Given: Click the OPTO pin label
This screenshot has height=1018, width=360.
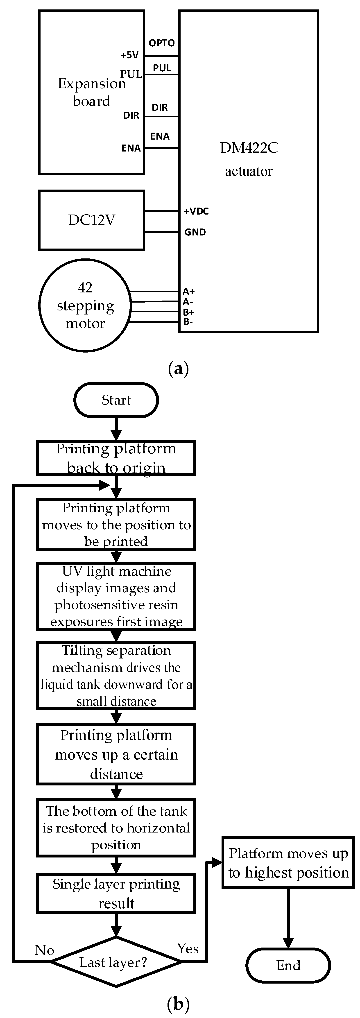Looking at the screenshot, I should point(162,43).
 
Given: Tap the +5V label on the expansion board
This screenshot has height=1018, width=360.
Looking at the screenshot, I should point(130,55).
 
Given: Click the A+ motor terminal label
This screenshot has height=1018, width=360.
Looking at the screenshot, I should point(188,291).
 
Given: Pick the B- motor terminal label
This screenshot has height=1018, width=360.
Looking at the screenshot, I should point(188,322).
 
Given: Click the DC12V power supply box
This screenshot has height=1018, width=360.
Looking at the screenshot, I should point(92,220).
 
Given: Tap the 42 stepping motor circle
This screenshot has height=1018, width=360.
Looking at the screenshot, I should point(85,305).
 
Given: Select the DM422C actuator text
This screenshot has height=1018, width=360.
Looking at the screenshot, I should point(249,159).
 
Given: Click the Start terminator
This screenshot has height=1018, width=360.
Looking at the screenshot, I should point(116,400).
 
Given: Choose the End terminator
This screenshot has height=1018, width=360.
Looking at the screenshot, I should point(288,966).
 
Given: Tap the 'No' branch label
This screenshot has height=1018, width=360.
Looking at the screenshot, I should point(45,950).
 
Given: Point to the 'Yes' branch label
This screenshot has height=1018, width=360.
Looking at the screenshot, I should point(188,948).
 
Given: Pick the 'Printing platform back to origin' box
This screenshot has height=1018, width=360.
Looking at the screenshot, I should point(116,458).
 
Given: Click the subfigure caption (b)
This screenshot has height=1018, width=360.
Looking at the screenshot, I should point(178,1004).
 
